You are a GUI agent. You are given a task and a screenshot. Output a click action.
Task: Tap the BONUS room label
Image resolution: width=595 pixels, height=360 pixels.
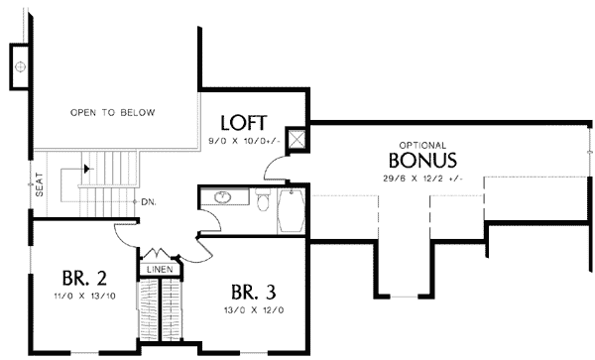click(x=422, y=160)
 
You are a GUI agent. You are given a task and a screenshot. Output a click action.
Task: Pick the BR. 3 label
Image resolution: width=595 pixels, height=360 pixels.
click(x=253, y=293)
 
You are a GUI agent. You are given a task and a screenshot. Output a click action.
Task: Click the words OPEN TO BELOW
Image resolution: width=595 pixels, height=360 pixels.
click(x=112, y=113)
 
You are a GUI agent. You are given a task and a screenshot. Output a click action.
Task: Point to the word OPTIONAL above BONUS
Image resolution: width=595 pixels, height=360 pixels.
click(x=422, y=144)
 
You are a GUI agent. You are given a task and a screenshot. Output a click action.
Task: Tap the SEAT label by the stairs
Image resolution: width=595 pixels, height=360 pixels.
click(x=39, y=186)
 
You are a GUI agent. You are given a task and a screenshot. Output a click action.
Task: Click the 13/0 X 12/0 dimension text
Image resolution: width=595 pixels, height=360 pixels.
click(x=254, y=310)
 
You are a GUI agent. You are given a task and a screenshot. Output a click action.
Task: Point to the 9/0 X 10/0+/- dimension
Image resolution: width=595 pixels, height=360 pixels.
click(x=244, y=142)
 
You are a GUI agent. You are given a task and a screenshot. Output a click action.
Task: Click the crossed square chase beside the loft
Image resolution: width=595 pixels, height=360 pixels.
click(x=296, y=139)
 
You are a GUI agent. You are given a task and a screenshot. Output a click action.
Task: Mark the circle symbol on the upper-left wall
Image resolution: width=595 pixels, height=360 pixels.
click(x=21, y=67)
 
